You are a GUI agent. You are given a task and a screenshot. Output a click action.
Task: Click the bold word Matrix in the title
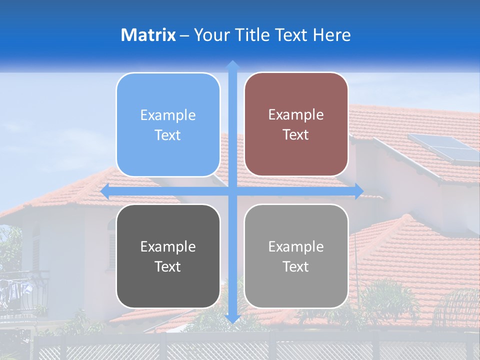tap(148, 35)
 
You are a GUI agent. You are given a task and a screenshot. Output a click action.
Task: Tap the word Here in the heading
tap(331, 35)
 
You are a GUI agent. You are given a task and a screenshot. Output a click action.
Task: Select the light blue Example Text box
tap(168, 124)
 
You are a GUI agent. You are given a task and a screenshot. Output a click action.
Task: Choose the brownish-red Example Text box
tap(296, 124)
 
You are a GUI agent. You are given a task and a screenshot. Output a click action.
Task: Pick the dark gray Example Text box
tap(168, 256)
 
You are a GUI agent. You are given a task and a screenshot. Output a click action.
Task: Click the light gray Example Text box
tap(296, 256)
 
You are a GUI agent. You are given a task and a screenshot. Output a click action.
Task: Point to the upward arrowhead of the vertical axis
tap(232, 64)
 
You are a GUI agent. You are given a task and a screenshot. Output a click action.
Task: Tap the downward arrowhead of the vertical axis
tap(232, 318)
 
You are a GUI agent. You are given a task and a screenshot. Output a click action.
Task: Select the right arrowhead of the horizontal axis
tap(359, 191)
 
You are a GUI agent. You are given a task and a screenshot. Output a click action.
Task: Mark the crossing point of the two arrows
tap(232, 191)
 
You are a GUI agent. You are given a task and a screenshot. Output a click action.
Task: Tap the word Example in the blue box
tap(168, 115)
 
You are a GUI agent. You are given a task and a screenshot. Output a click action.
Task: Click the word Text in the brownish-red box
tap(296, 135)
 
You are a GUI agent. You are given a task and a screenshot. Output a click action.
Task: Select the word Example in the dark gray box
tap(168, 247)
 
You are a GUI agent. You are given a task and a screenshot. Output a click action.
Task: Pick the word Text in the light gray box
tap(296, 266)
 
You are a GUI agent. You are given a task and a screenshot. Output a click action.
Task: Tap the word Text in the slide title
tap(292, 35)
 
